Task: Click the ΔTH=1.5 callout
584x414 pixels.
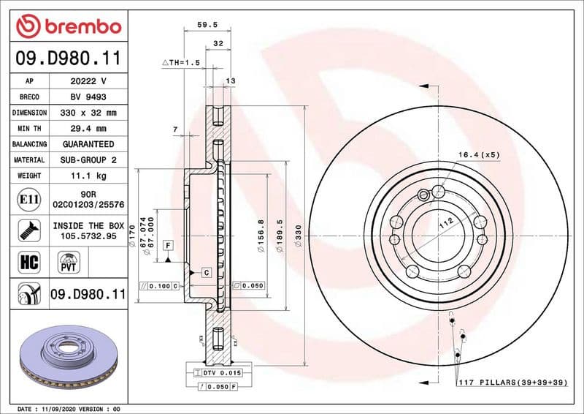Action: [x=180, y=63]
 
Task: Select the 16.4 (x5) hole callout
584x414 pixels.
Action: [x=478, y=154]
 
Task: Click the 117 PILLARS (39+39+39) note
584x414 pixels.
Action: [x=512, y=383]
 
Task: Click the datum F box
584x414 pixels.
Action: [x=168, y=244]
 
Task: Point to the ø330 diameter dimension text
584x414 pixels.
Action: [x=297, y=235]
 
